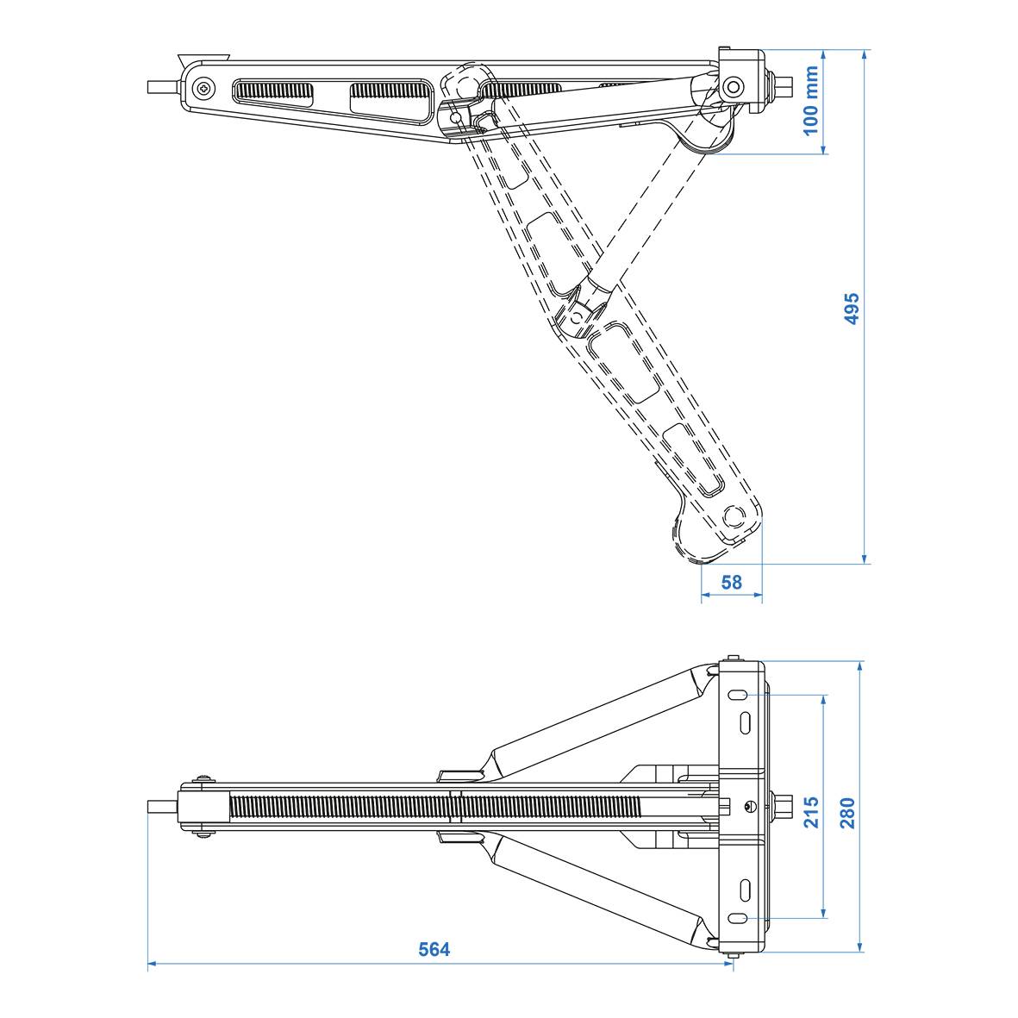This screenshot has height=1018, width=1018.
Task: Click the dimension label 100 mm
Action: [810, 101]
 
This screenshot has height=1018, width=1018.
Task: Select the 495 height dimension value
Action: [852, 309]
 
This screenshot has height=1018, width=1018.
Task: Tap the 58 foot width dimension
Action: [731, 583]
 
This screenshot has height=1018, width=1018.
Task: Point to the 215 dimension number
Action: [811, 811]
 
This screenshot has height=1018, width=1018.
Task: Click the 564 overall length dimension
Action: [434, 950]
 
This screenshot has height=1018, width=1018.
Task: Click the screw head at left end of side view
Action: [203, 88]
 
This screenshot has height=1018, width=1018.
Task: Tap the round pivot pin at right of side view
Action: [734, 86]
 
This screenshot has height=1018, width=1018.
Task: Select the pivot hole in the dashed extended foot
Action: [734, 515]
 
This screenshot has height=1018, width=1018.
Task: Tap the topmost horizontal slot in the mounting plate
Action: [740, 694]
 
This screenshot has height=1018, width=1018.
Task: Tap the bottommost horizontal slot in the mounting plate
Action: [740, 918]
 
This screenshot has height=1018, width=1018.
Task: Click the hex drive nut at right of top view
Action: [785, 806]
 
